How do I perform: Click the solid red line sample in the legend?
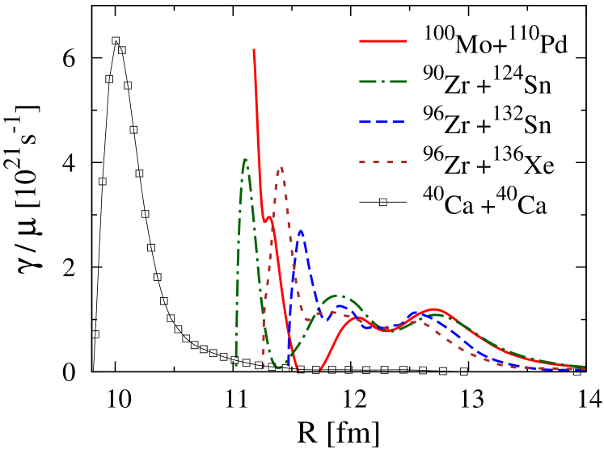[382, 40]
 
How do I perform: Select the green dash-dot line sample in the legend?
[382, 82]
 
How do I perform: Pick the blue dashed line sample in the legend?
[382, 122]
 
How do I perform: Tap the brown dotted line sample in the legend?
[382, 162]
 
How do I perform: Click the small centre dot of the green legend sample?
[382, 82]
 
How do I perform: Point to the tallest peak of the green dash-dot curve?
[245, 159]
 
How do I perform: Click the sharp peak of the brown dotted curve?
[281, 168]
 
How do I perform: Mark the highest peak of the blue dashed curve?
[301, 231]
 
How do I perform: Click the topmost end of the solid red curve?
[254, 50]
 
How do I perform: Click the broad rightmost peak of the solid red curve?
[434, 309]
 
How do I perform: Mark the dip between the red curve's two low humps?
[386, 331]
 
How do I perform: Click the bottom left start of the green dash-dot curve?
[236, 366]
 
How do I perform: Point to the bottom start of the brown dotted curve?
[263, 369]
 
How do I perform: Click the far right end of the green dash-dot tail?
[585, 367]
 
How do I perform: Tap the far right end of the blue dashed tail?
[585, 370]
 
